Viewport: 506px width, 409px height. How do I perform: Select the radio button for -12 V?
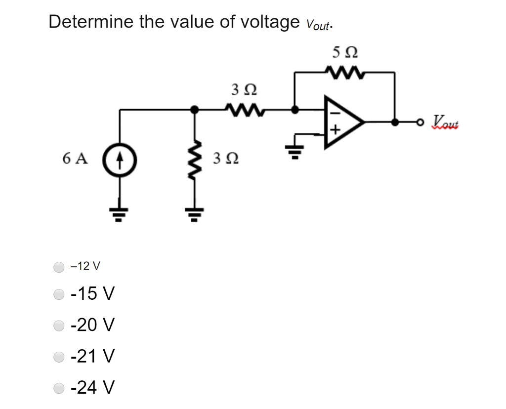(59, 267)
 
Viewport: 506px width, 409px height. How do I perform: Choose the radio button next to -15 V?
(59, 295)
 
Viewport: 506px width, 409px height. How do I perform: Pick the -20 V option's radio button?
(59, 326)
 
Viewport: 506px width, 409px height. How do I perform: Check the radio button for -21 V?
(59, 356)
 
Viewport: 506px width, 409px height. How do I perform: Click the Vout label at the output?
(446, 121)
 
